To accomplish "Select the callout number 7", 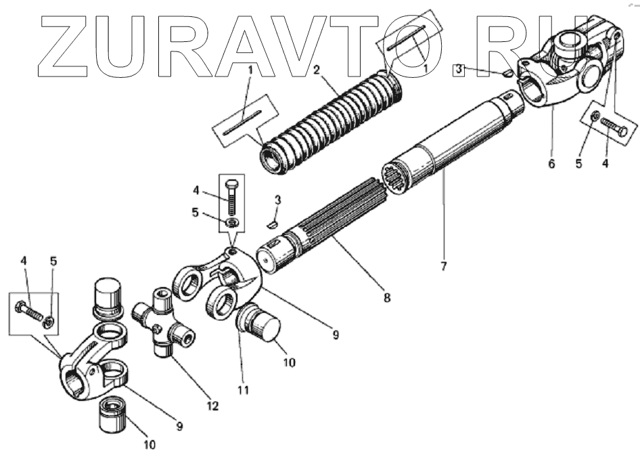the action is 444,266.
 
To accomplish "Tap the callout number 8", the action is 386,296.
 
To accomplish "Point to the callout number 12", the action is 212,406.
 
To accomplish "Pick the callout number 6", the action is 551,164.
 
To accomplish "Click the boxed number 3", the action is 459,70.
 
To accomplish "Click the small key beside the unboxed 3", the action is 273,221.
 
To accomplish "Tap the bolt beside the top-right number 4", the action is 618,127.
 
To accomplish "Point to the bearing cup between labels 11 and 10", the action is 259,327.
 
